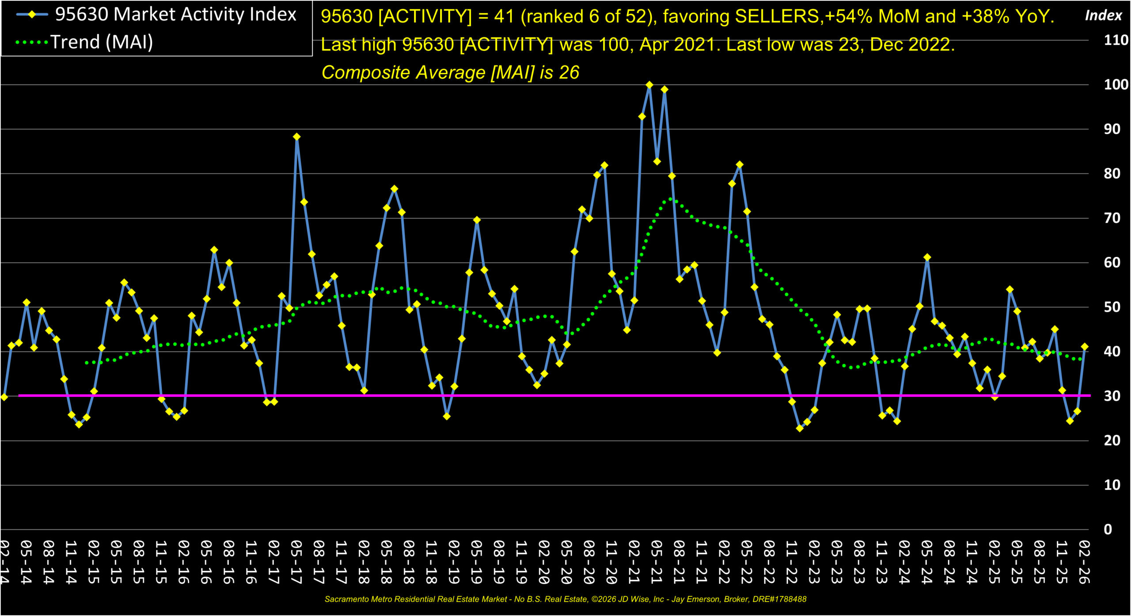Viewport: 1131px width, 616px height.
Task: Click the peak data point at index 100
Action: (649, 85)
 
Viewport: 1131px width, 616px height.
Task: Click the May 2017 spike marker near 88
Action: (296, 137)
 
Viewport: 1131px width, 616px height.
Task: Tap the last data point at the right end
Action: (1084, 347)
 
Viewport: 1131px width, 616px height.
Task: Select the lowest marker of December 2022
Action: (800, 428)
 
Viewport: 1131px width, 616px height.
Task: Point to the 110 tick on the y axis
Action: (1116, 40)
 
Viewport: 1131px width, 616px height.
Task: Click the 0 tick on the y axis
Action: (1108, 529)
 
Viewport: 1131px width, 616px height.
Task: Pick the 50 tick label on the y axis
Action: (1112, 307)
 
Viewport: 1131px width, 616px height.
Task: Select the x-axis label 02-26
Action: (1084, 562)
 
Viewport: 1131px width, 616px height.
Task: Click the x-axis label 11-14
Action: (71, 562)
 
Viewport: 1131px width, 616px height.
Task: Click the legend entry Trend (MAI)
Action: (102, 42)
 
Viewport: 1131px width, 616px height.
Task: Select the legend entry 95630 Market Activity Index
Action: (175, 15)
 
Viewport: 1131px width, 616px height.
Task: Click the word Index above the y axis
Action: (1103, 15)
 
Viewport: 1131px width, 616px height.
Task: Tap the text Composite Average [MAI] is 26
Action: (450, 72)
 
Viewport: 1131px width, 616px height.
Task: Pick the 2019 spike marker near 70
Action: (477, 220)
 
